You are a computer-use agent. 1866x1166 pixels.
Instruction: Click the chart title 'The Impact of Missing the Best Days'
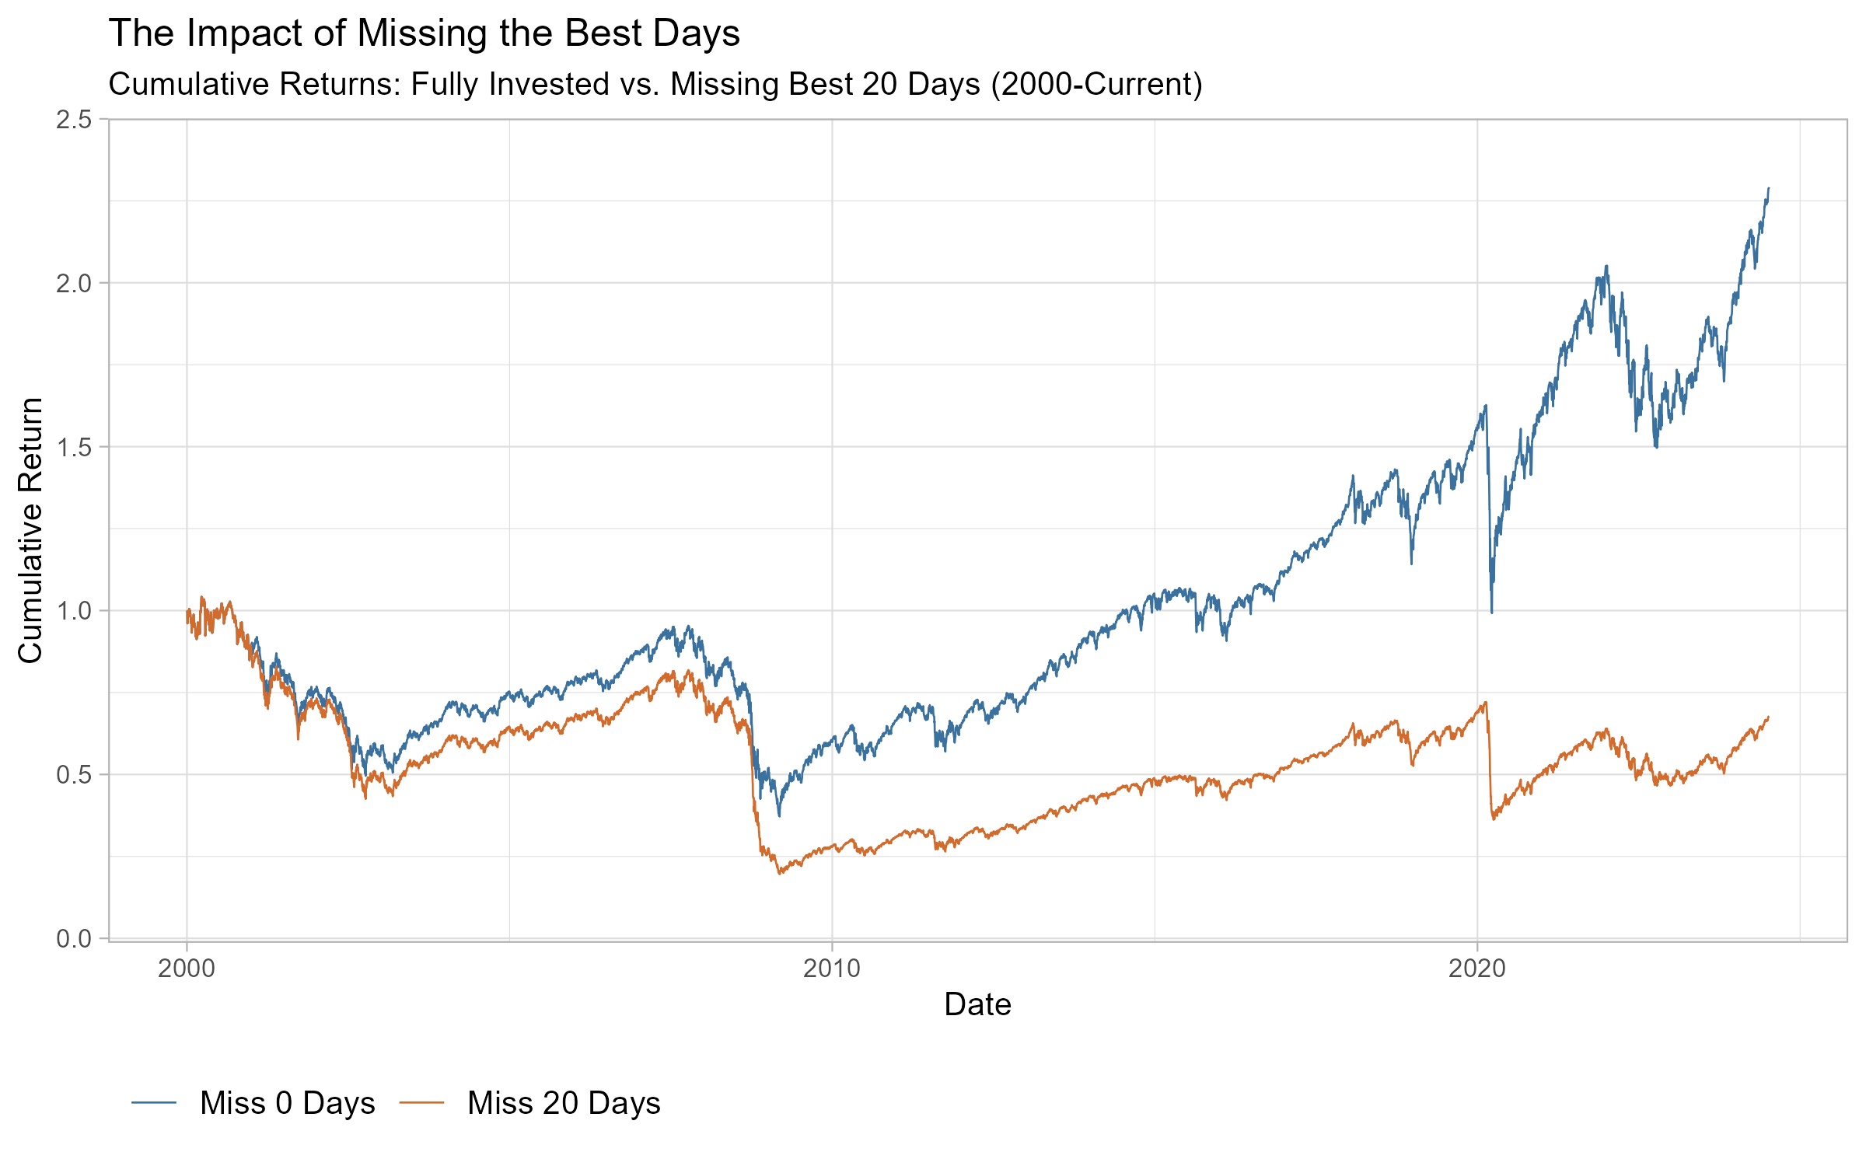tap(424, 33)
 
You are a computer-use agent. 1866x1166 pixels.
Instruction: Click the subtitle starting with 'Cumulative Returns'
tap(655, 84)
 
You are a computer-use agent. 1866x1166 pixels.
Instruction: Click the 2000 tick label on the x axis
tap(187, 969)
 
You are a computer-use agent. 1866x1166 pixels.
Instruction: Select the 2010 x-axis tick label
tap(832, 969)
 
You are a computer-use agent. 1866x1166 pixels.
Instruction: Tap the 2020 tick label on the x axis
tap(1477, 969)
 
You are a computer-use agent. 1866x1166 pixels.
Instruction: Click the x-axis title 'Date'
tap(977, 1005)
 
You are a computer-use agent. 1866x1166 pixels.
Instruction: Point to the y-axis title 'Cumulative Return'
tap(31, 530)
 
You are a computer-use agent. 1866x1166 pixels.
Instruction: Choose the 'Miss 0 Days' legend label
tap(287, 1103)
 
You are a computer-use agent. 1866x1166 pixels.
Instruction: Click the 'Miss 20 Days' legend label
tap(564, 1103)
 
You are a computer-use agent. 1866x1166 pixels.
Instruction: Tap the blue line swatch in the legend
tap(155, 1102)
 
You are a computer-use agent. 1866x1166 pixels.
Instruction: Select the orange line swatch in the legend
tap(422, 1102)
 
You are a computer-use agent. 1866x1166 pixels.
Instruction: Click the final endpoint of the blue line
tap(1769, 188)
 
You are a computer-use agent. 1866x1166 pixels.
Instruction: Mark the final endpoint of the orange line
tap(1769, 717)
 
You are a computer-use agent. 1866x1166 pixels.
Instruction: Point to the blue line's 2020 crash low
tap(1491, 613)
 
